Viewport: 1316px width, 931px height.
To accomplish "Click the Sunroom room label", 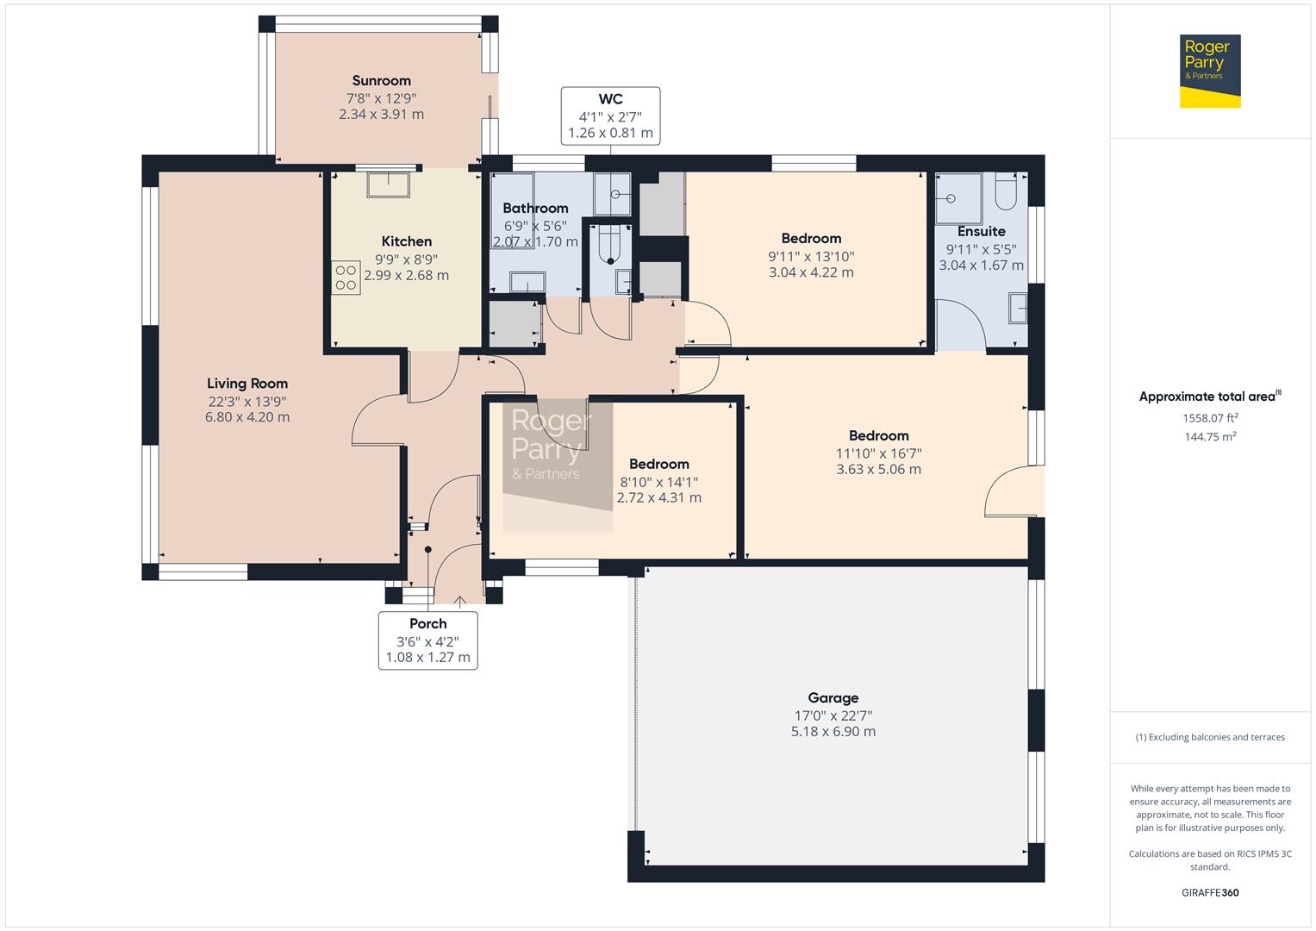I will pyautogui.click(x=381, y=81).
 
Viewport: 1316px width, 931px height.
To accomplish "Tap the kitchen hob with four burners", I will pyautogui.click(x=346, y=278).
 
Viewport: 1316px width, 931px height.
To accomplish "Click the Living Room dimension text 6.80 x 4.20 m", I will pyautogui.click(x=246, y=417).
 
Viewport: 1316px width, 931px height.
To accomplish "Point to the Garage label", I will pyautogui.click(x=833, y=698).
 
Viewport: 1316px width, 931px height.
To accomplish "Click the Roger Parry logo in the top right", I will pyautogui.click(x=1209, y=72).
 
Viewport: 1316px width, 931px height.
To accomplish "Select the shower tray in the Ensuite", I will pyautogui.click(x=957, y=197).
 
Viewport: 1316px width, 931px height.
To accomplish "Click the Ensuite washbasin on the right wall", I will pyautogui.click(x=1018, y=308).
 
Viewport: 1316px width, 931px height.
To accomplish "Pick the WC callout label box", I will pyautogui.click(x=610, y=116).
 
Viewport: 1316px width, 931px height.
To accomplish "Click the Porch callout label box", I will pyautogui.click(x=427, y=640).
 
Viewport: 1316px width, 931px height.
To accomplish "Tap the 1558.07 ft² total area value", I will pyautogui.click(x=1210, y=418).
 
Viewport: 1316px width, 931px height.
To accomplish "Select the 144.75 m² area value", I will pyautogui.click(x=1210, y=437).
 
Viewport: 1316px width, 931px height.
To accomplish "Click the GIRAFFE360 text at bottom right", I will pyautogui.click(x=1210, y=892).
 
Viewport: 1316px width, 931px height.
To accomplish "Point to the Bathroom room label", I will pyautogui.click(x=535, y=209).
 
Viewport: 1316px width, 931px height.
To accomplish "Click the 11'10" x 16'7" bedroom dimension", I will pyautogui.click(x=878, y=453).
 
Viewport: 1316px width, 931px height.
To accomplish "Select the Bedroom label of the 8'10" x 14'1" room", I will pyautogui.click(x=658, y=465).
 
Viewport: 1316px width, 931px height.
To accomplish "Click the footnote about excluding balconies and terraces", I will pyautogui.click(x=1210, y=737).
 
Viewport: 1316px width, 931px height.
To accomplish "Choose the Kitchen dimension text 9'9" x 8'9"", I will pyautogui.click(x=406, y=259).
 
